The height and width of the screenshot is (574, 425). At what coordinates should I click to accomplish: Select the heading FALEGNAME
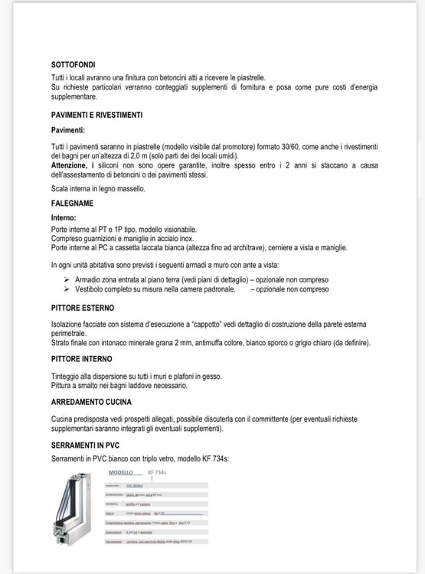pyautogui.click(x=72, y=203)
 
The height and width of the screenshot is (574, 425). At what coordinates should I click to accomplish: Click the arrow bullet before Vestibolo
pyautogui.click(x=68, y=290)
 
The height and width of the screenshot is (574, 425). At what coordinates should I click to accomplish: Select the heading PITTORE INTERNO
pyautogui.click(x=82, y=358)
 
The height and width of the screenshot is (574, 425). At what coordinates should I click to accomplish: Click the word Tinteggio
pyautogui.click(x=67, y=374)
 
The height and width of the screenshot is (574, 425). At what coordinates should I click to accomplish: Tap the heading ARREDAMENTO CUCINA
pyautogui.click(x=91, y=401)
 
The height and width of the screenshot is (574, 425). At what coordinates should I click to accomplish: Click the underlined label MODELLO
pyautogui.click(x=121, y=472)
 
